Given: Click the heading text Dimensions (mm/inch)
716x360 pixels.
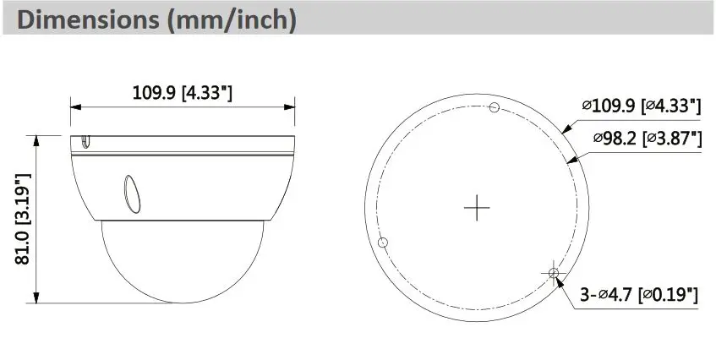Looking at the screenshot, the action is (156, 19).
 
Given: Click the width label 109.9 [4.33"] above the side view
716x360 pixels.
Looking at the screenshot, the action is (183, 93).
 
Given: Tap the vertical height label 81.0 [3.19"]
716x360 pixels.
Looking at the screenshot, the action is (23, 219).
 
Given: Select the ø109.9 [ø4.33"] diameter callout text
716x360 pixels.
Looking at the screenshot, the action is (642, 106).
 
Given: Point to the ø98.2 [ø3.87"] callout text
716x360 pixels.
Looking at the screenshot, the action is (648, 138).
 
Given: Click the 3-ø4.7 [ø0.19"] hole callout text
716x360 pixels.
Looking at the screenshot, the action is (639, 294).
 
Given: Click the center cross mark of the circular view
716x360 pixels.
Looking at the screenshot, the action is (477, 208).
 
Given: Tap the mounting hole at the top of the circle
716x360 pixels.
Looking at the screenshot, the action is (494, 107).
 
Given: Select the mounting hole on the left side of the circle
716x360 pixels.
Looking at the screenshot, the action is (384, 242).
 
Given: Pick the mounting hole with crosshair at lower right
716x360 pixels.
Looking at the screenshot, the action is (554, 273).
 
